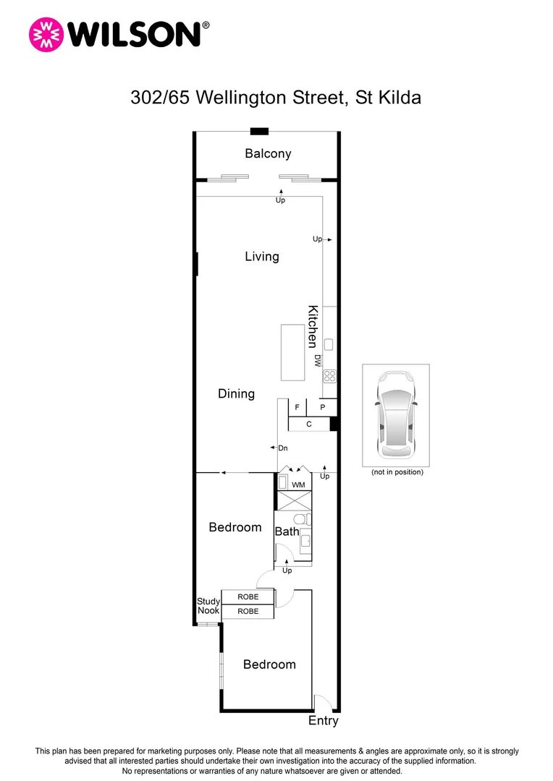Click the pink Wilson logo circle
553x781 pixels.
(x=46, y=35)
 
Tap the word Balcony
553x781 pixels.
(x=268, y=153)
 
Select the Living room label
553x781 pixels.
(x=261, y=257)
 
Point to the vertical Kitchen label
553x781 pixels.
(x=313, y=327)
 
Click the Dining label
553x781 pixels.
(x=236, y=394)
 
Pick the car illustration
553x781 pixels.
(x=395, y=415)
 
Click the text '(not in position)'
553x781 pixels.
(x=397, y=472)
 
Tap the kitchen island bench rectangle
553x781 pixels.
(x=293, y=352)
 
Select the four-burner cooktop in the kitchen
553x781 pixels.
(x=329, y=375)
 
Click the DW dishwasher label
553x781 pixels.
(x=317, y=361)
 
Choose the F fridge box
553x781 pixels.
(x=297, y=408)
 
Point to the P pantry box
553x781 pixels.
(x=323, y=408)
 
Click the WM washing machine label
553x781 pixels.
(x=298, y=484)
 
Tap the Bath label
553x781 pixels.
(x=287, y=532)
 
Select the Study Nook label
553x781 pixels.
(x=208, y=606)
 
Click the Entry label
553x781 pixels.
(x=323, y=721)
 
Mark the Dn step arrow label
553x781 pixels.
(x=283, y=448)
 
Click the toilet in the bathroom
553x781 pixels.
(x=300, y=519)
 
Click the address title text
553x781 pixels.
(x=276, y=98)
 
